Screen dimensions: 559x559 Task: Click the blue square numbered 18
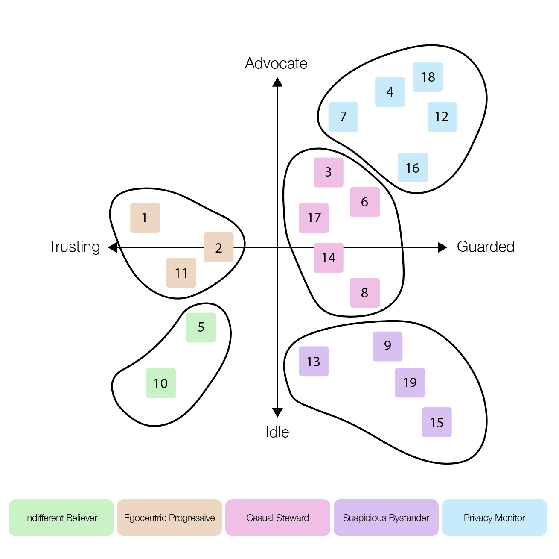coord(427,77)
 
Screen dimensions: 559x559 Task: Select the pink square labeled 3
coord(328,172)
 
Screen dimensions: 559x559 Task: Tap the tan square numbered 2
coord(218,247)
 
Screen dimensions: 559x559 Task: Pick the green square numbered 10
coord(160,383)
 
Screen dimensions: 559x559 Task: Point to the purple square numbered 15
coord(437,422)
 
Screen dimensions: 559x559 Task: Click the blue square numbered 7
coord(343,117)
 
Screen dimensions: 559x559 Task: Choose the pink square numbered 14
coord(328,258)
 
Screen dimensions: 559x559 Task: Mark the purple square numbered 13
coord(313,361)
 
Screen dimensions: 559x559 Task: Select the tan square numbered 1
coord(145,218)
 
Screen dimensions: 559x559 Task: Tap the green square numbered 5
coord(201,327)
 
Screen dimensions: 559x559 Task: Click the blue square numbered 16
coord(413,168)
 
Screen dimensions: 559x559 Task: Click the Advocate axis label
coord(276,63)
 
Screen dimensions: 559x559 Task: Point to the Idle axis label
coord(277,432)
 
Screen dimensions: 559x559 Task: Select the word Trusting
coord(74,247)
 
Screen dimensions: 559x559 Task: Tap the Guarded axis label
coord(486,247)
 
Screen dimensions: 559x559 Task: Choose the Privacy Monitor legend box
coord(494,518)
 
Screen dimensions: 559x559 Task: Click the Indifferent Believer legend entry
coord(61,518)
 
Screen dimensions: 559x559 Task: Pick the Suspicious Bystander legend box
coord(386,518)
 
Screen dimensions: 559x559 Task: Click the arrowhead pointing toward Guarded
coord(443,247)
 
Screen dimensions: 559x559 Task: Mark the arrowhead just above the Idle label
coord(277,412)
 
